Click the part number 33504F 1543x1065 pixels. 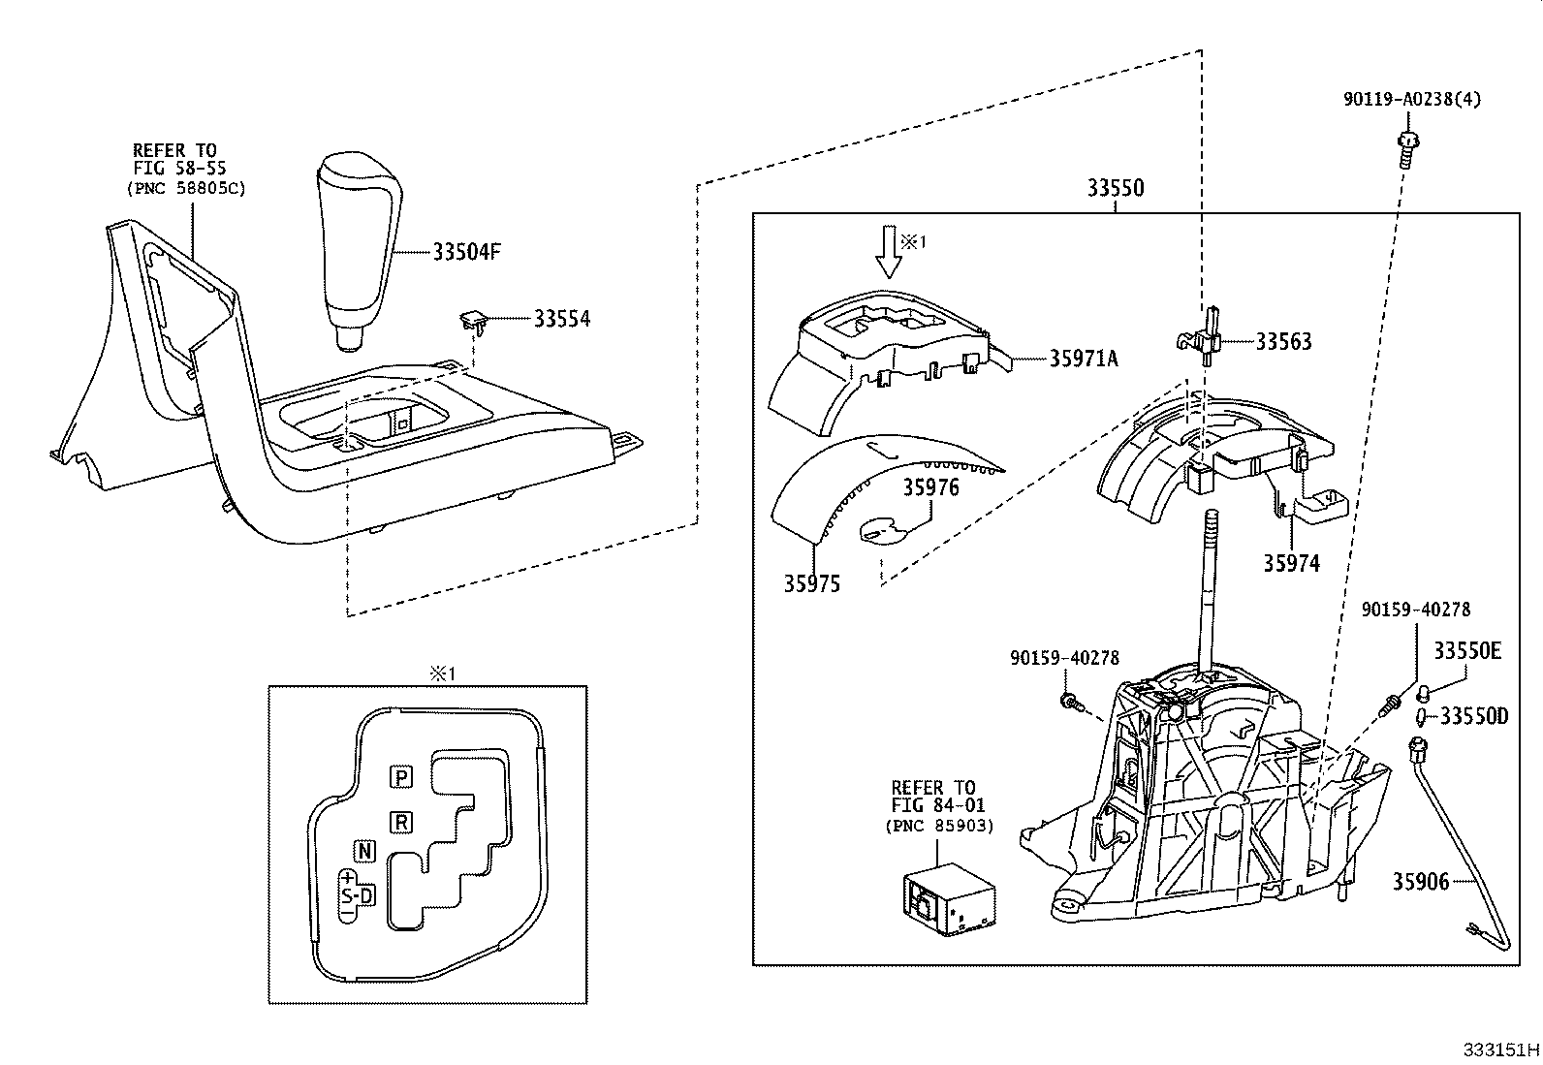coord(466,252)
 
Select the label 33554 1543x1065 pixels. coord(561,318)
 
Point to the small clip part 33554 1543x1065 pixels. coord(472,317)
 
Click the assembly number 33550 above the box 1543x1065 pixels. coord(1115,188)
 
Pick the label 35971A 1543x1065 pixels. coord(1084,359)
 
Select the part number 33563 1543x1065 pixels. coord(1283,341)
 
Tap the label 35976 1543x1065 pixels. coord(931,486)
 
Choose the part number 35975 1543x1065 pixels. coord(812,583)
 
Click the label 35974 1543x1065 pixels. coord(1291,563)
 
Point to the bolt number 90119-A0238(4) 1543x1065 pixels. coord(1411,99)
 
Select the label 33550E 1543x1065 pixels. coord(1467,651)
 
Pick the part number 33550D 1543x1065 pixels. coord(1473,716)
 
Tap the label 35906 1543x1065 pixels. coord(1421,881)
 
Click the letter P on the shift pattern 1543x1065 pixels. coord(401,776)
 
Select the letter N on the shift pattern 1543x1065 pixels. coord(364,851)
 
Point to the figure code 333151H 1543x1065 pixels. coord(1500,1049)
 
